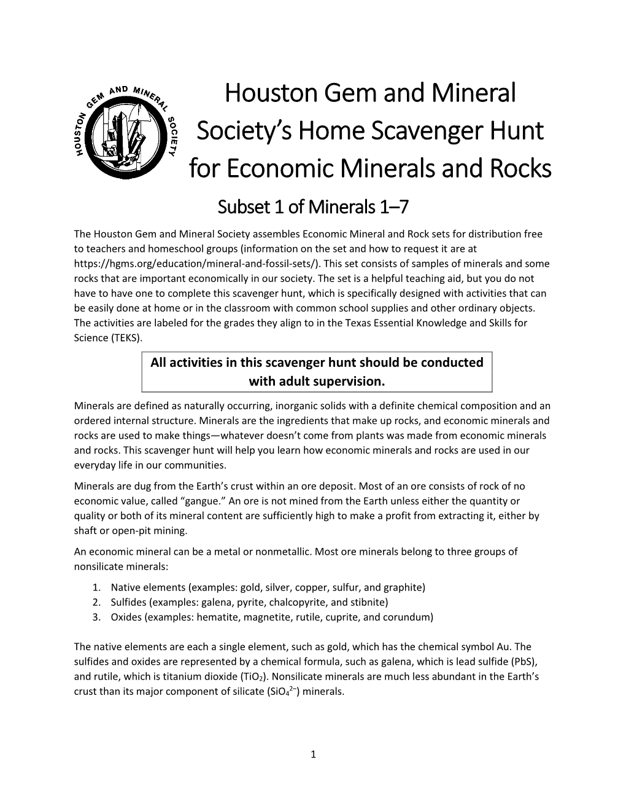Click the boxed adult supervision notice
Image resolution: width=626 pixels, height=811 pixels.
pos(317,372)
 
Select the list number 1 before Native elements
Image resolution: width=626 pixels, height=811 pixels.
pos(96,587)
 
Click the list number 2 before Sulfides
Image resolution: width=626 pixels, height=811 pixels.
pos(96,602)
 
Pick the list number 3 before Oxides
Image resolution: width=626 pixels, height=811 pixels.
pos(96,617)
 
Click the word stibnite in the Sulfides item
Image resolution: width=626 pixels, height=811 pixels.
pos(368,602)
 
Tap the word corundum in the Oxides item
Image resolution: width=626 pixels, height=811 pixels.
pos(409,617)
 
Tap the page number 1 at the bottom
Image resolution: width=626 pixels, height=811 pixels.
pos(313,755)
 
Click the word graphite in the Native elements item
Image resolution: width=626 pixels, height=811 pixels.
pos(404,587)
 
